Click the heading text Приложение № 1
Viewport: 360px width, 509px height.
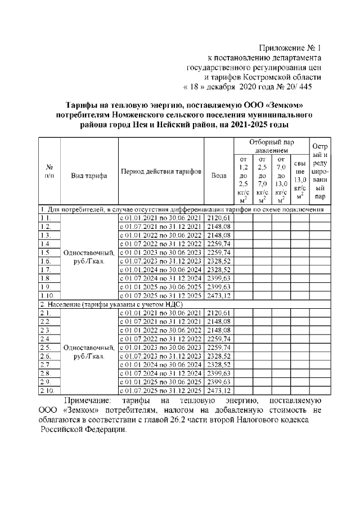(x=290, y=47)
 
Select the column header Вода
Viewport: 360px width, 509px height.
(x=218, y=174)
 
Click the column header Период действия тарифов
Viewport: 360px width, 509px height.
(x=161, y=172)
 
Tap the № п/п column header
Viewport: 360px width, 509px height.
(x=49, y=172)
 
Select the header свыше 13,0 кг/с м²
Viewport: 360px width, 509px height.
(x=300, y=180)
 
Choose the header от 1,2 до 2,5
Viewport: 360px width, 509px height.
(x=243, y=180)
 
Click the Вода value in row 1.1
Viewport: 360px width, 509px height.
(x=218, y=218)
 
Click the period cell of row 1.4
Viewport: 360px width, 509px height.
(x=161, y=244)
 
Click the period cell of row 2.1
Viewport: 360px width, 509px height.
(x=161, y=313)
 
